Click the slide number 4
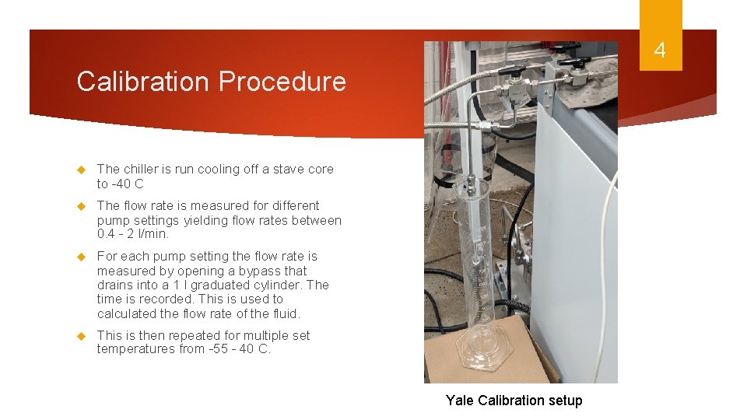660,51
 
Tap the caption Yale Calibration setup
514,401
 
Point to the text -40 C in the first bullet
128,184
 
